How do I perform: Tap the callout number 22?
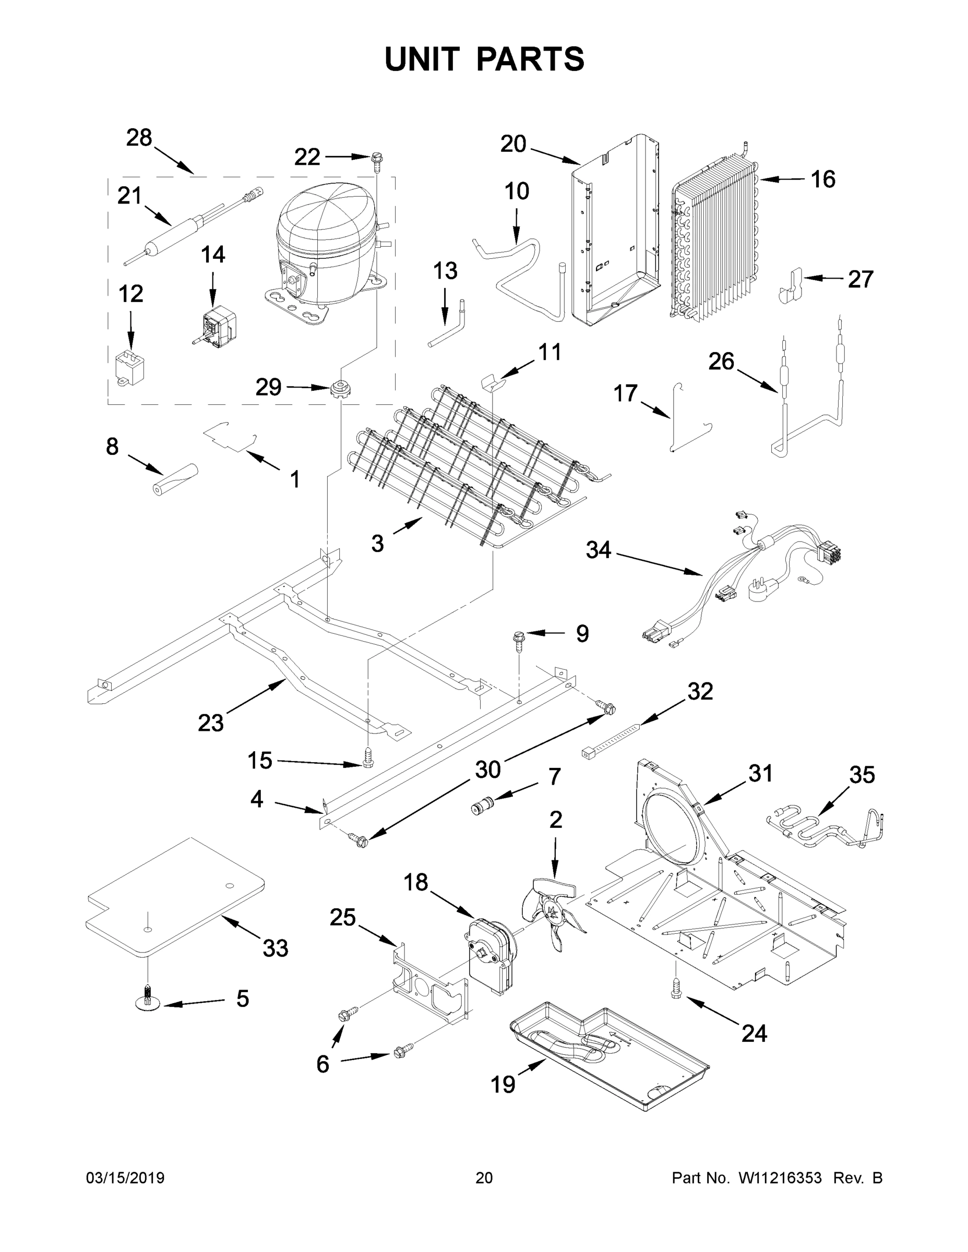click(307, 156)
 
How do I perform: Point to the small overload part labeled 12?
click(129, 365)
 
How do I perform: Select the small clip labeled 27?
click(790, 286)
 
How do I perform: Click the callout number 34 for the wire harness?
click(598, 550)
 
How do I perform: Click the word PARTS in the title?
click(531, 59)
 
